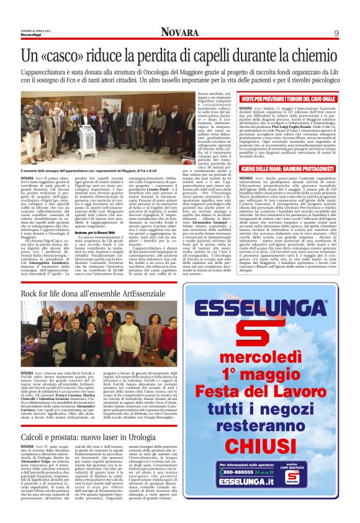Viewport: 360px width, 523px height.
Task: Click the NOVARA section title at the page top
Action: (x=180, y=32)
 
